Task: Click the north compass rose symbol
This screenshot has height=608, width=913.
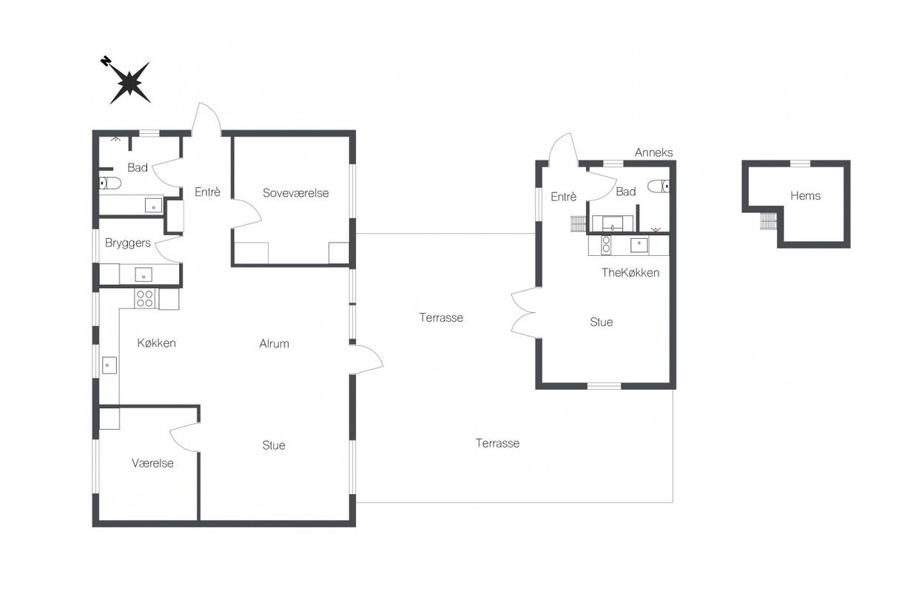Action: (x=129, y=81)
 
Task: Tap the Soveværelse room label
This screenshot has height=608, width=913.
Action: (x=295, y=193)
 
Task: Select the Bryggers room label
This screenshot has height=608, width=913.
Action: (x=127, y=243)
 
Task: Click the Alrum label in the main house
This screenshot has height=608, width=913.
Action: (x=274, y=343)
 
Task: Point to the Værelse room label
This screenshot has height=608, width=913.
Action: (x=152, y=463)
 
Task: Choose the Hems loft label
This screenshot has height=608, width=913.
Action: (x=805, y=195)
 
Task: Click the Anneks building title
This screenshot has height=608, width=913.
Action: (x=653, y=152)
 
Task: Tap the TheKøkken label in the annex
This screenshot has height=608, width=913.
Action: (x=630, y=273)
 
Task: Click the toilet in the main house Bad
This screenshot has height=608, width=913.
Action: (x=110, y=183)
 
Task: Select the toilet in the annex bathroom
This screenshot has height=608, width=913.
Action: (x=658, y=186)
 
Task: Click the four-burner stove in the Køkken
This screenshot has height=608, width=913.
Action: (x=145, y=298)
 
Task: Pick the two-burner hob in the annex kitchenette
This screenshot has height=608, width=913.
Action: (x=606, y=245)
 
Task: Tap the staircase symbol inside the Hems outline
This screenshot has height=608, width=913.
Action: (x=768, y=221)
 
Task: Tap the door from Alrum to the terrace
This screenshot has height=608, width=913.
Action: (x=366, y=359)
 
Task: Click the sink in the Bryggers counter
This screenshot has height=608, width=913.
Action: (x=144, y=274)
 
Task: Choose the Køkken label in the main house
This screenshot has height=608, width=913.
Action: (x=157, y=343)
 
